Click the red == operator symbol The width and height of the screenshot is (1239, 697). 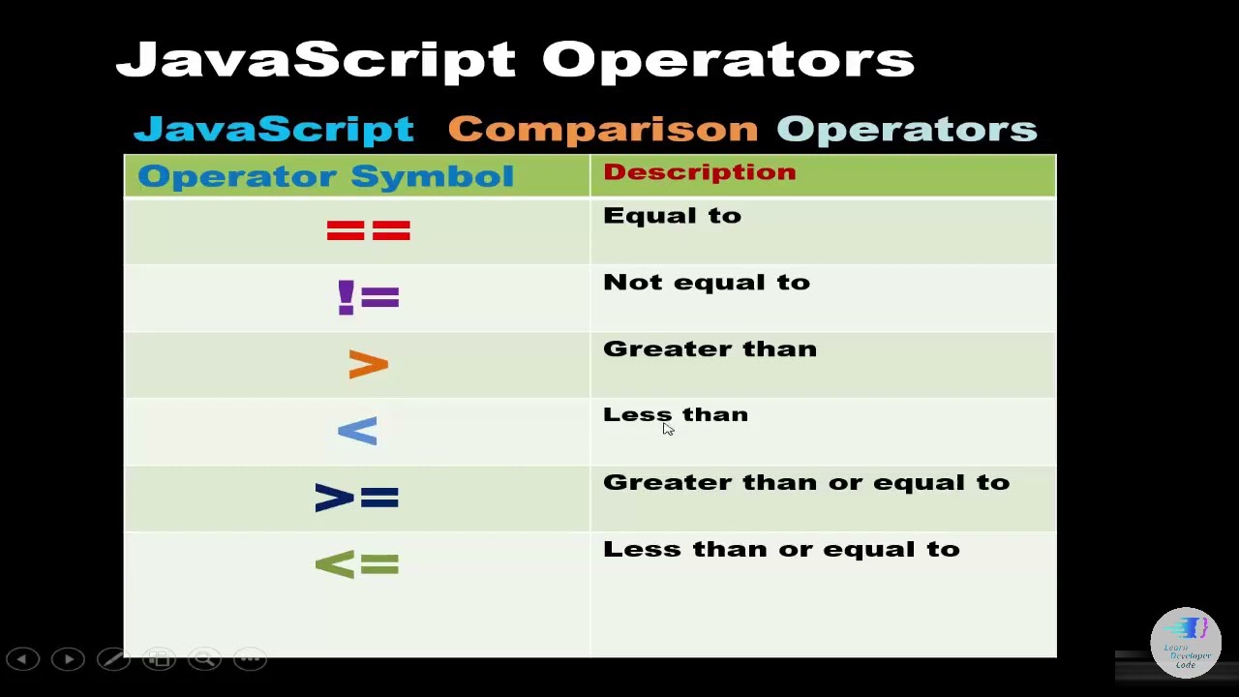click(x=368, y=230)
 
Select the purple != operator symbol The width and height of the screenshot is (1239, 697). click(x=368, y=297)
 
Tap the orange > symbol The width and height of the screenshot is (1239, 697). click(x=368, y=365)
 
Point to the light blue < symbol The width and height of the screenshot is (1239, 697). click(x=357, y=432)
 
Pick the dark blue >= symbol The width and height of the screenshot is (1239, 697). click(x=356, y=498)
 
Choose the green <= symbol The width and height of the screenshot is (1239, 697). click(x=356, y=564)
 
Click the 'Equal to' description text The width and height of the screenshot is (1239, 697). click(x=672, y=216)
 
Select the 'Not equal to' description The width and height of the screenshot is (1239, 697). click(x=706, y=283)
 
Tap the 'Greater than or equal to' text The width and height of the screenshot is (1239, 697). click(x=805, y=482)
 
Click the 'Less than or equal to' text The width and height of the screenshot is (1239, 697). click(x=780, y=549)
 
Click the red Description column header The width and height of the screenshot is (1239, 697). click(x=699, y=172)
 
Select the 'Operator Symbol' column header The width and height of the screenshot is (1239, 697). click(x=325, y=176)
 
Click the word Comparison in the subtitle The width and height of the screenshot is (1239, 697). click(x=602, y=129)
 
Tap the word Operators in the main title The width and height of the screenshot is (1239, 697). click(x=727, y=60)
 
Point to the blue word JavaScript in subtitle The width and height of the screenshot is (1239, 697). click(x=273, y=129)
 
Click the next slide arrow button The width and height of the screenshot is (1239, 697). click(x=68, y=659)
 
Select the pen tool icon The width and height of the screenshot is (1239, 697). click(x=113, y=659)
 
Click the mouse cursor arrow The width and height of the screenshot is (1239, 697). click(x=668, y=429)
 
